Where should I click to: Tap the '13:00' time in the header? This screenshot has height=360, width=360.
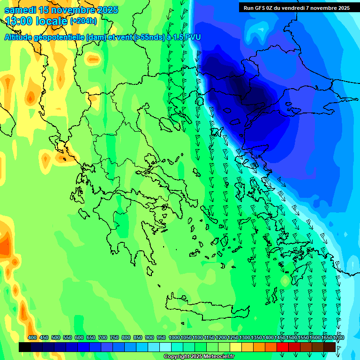pyautogui.click(x=20, y=21)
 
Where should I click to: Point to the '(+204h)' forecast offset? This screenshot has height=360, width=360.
pyautogui.click(x=83, y=21)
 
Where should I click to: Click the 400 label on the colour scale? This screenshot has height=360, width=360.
pyautogui.click(x=32, y=337)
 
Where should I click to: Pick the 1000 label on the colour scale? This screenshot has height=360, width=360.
pyautogui.click(x=174, y=337)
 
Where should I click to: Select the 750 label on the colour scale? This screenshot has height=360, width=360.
pyautogui.click(x=114, y=337)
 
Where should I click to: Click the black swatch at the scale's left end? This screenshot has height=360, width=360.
pyautogui.click(x=25, y=347)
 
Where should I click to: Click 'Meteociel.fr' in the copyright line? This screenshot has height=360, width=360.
pyautogui.click(x=217, y=357)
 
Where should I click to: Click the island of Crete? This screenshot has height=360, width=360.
pyautogui.click(x=206, y=307)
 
